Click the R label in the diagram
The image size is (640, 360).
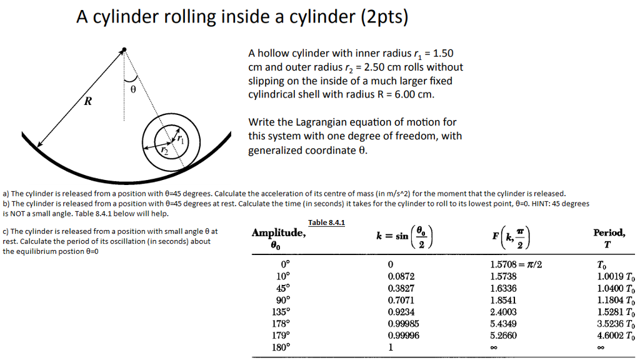[x=88, y=102]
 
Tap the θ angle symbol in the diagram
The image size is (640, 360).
[x=132, y=89]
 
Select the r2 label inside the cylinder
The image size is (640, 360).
[x=164, y=151]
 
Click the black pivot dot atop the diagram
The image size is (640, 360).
[x=124, y=49]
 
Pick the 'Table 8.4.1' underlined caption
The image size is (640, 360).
[x=327, y=223]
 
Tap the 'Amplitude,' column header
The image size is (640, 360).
[x=278, y=233]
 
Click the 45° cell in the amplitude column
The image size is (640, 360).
[x=283, y=288]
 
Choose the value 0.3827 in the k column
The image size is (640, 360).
[x=401, y=288]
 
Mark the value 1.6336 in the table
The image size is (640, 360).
[x=503, y=288]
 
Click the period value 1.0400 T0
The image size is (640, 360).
[x=616, y=288]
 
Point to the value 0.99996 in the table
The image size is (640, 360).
[x=403, y=336]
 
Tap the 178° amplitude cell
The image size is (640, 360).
[x=283, y=324]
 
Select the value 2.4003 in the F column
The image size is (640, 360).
[x=503, y=312]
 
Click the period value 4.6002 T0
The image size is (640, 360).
[x=616, y=336]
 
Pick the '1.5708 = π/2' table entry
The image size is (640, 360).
[x=516, y=264]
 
